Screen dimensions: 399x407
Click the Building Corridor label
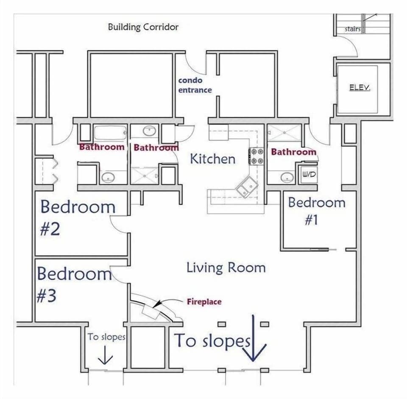[143, 27]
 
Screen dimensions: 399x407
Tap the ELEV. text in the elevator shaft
[360, 88]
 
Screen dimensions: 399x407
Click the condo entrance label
[194, 85]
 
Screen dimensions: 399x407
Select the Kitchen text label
[212, 159]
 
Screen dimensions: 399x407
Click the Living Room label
[226, 268]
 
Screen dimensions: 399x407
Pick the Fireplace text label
[204, 302]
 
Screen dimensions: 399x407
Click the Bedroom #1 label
[316, 211]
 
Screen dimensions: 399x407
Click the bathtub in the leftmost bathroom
[109, 134]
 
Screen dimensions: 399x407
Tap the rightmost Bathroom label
[293, 152]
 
